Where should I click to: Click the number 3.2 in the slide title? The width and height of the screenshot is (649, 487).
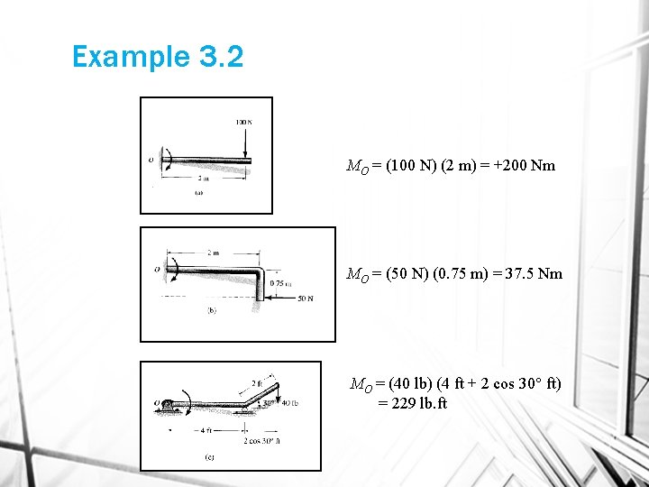tap(218, 57)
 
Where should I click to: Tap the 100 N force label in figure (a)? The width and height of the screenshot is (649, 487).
tap(243, 122)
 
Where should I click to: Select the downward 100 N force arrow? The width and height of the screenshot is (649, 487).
tap(244, 142)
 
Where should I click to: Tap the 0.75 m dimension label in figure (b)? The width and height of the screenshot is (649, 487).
tap(280, 284)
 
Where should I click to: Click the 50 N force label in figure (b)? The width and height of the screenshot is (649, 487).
tap(304, 299)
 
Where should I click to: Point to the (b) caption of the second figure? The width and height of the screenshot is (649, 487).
tap(212, 311)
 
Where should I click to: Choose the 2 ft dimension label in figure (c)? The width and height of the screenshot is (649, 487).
tap(258, 383)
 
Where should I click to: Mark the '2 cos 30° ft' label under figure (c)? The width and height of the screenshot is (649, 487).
tap(261, 440)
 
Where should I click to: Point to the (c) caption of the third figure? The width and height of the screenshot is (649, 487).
tap(209, 456)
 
